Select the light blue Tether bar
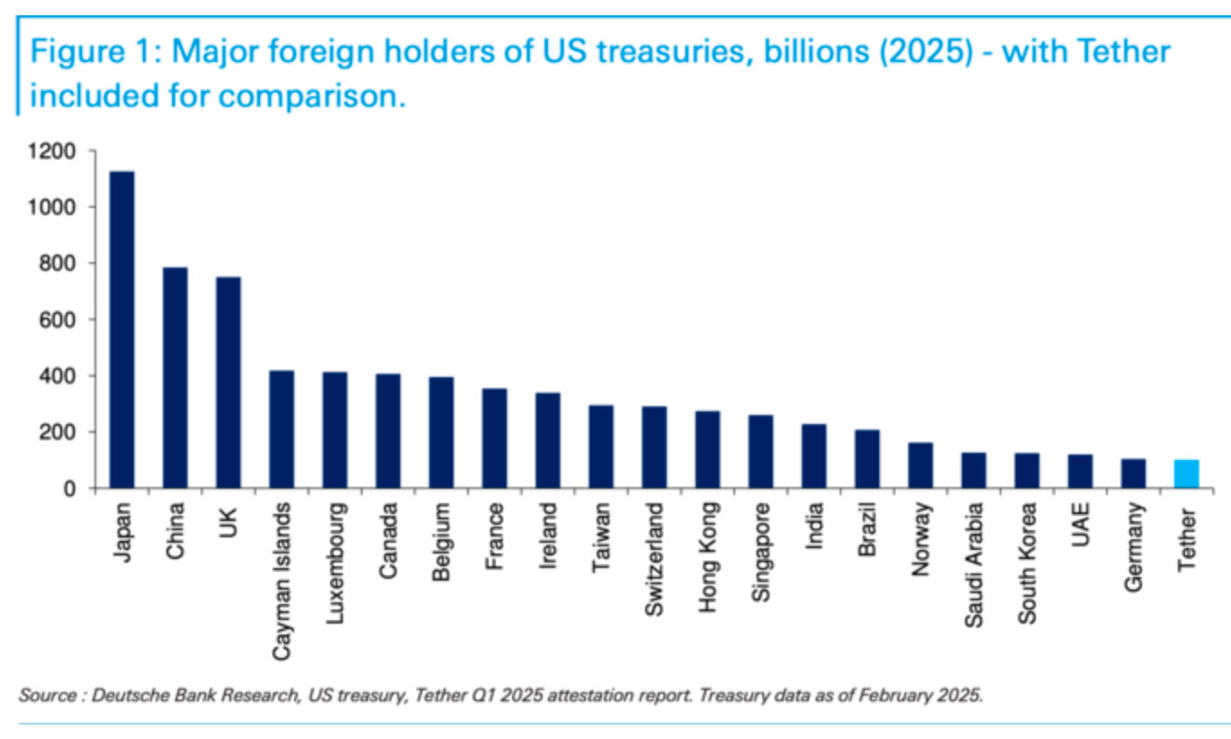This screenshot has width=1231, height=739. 1186,473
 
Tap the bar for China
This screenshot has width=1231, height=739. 175,378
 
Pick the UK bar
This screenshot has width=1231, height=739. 228,383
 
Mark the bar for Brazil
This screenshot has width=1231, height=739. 867,459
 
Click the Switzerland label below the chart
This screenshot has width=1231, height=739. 654,559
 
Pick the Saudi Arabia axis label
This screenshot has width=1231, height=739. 974,562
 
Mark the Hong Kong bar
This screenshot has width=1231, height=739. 707,449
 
